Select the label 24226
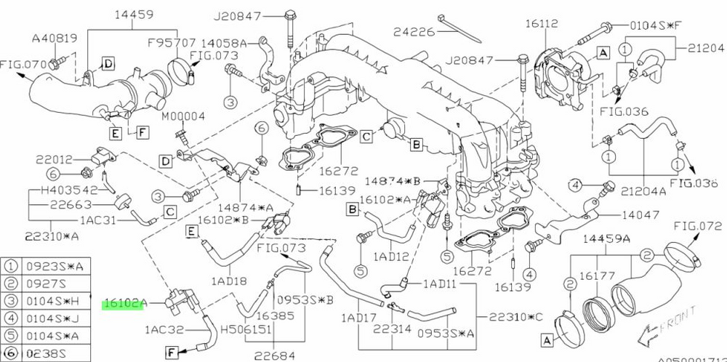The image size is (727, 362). (x=411, y=31)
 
